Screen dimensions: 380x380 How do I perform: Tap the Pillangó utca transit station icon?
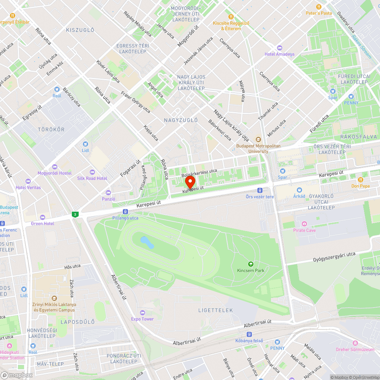coord(125,212)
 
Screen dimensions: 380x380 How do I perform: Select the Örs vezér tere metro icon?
coord(260,190)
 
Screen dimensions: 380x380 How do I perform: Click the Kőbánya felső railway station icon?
coord(249,334)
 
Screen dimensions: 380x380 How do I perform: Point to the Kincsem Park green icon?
coord(250,264)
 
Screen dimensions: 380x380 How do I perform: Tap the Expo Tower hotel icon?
coord(142,312)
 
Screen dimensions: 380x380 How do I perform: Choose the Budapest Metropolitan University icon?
coord(258,139)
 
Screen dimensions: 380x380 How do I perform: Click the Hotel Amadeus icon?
coord(280,48)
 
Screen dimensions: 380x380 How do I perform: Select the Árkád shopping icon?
coord(299,190)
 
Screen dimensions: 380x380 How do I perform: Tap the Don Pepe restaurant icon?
coord(360,179)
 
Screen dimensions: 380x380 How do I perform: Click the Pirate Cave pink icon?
coord(304,224)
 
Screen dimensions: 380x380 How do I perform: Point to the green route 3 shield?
coord(76,215)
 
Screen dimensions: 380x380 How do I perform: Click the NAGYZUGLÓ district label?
coord(181,120)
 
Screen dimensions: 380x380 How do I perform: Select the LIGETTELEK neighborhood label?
coord(215,310)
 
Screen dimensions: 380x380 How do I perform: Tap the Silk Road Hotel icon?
coord(92,172)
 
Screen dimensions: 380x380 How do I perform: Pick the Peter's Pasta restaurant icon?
coord(319,7)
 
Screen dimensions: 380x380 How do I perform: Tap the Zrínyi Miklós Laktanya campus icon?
coord(54,298)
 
